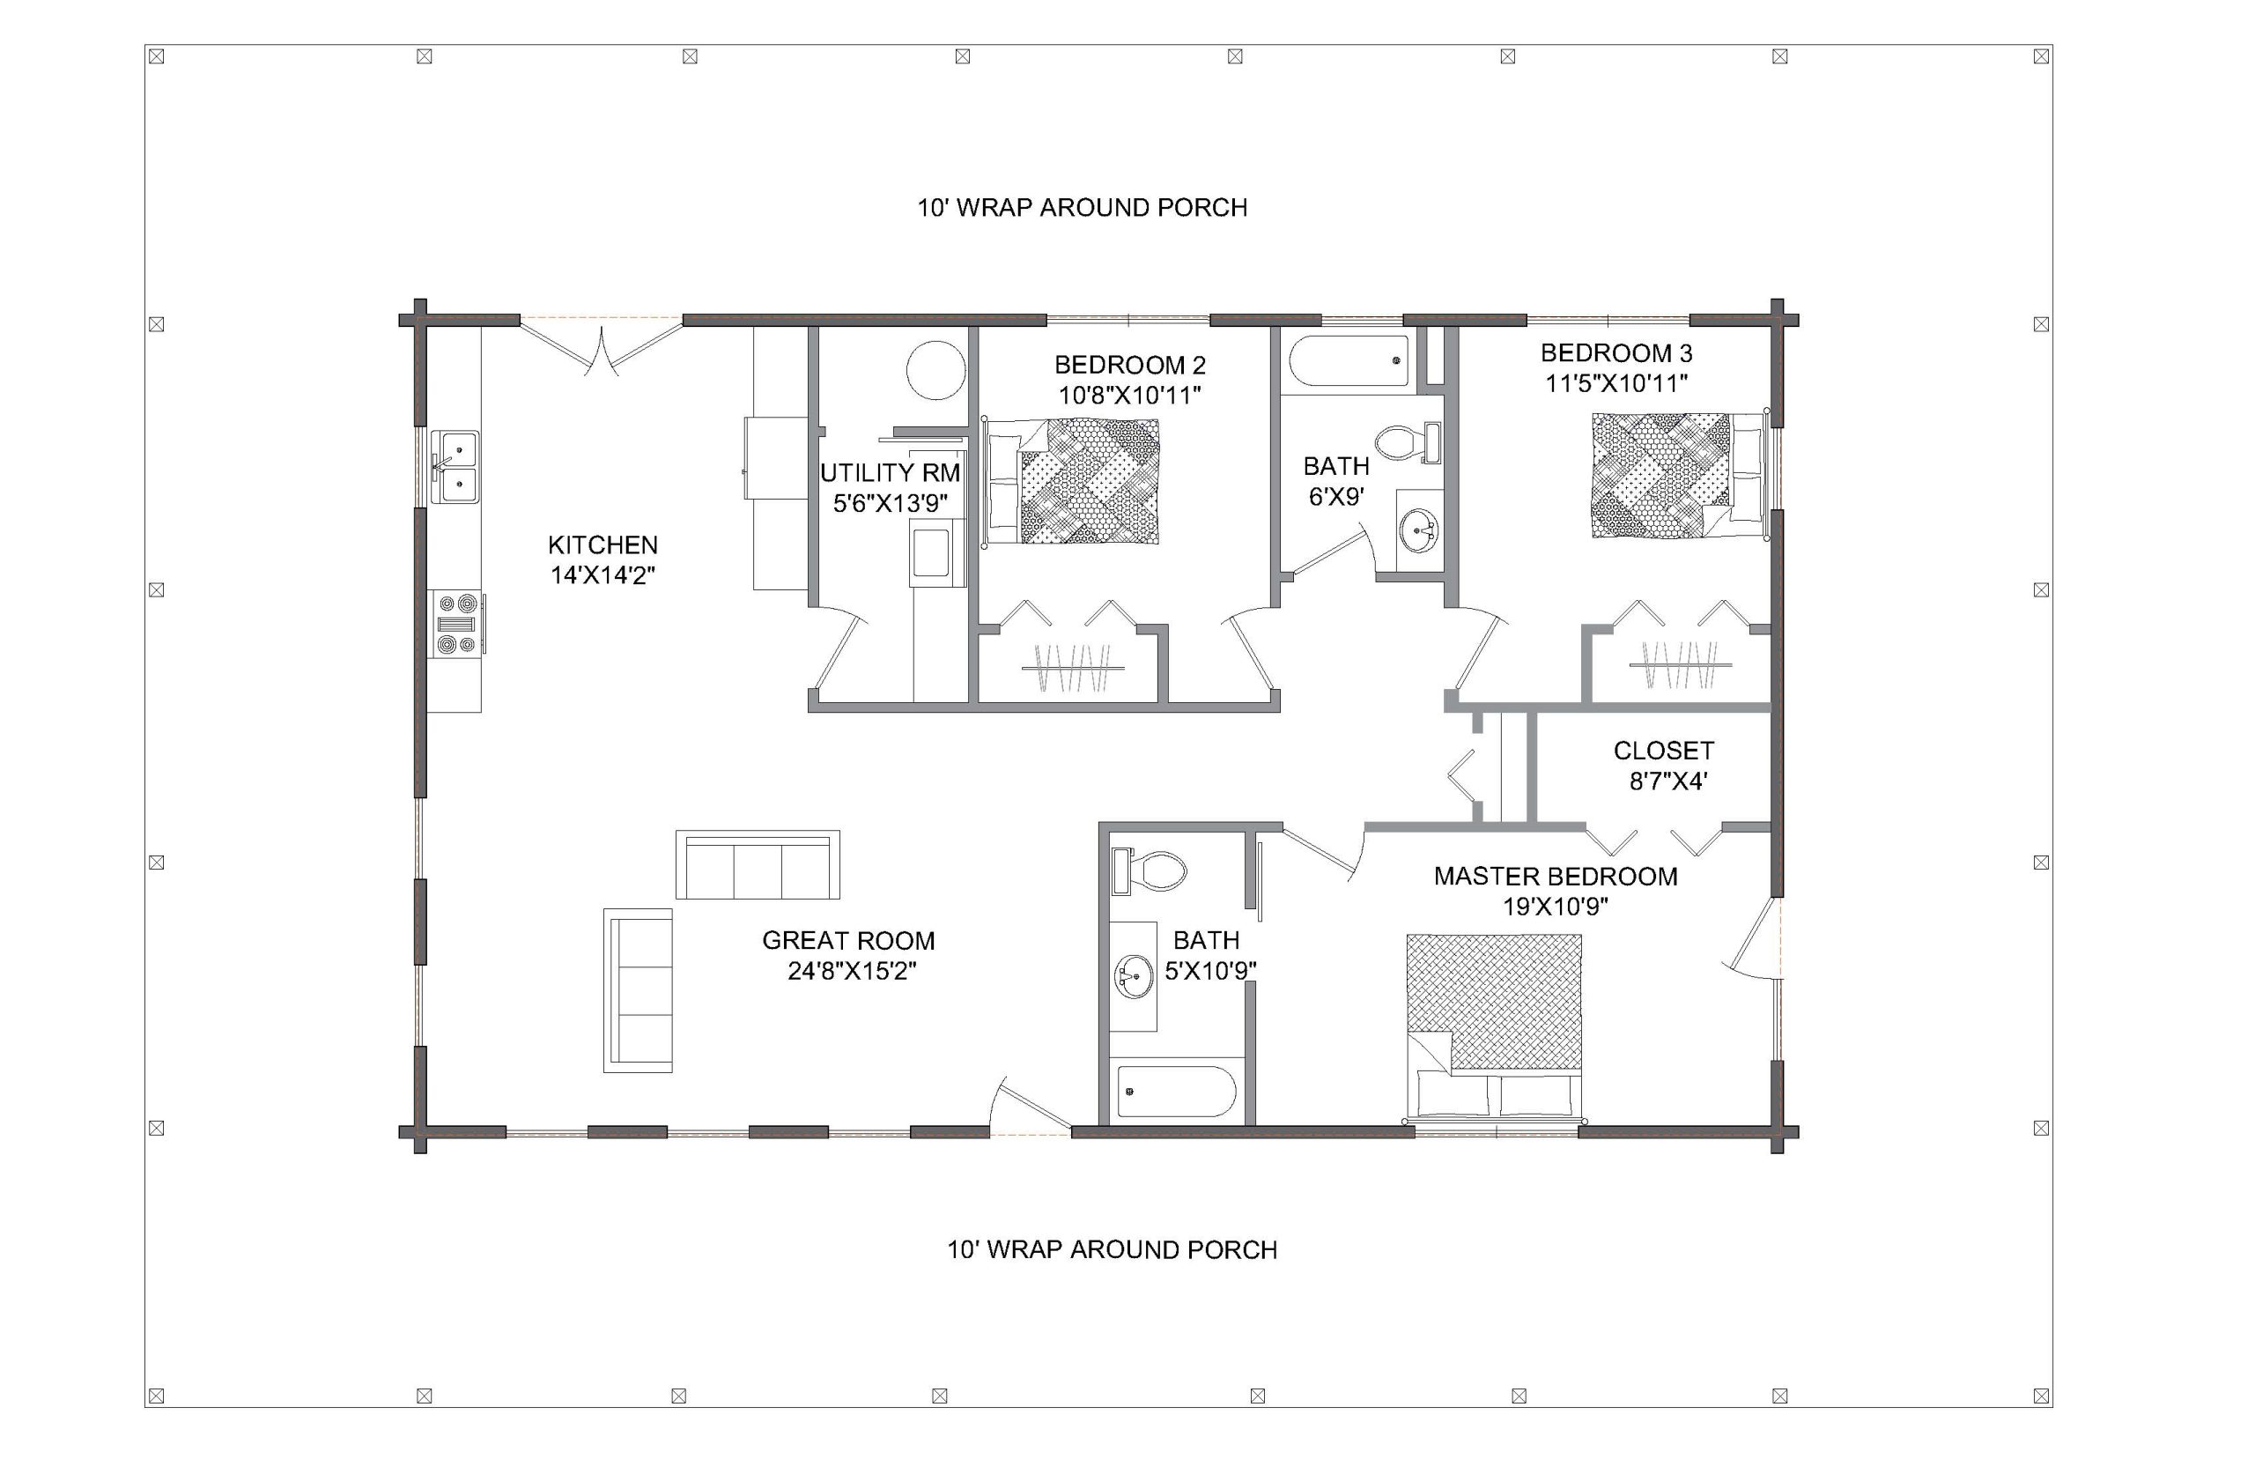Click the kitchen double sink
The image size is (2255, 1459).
click(x=455, y=466)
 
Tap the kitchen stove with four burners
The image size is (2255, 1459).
click(x=456, y=624)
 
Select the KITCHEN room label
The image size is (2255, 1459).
click(x=603, y=544)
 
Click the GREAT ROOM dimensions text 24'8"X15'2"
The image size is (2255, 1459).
click(x=852, y=971)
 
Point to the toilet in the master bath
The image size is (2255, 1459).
click(x=1149, y=870)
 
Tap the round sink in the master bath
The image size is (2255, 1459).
click(x=1134, y=976)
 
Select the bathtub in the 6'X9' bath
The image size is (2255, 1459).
click(x=1349, y=360)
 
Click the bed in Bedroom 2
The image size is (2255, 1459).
click(x=1071, y=480)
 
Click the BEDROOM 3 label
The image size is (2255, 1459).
click(x=1615, y=353)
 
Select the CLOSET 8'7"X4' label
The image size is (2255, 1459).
click(x=1663, y=766)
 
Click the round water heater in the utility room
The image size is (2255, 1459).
click(x=935, y=370)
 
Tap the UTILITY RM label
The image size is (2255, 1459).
click(x=890, y=473)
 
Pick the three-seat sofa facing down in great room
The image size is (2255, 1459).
click(x=758, y=865)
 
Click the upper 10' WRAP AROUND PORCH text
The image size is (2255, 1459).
click(x=1082, y=207)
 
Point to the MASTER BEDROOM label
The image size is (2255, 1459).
click(x=1555, y=877)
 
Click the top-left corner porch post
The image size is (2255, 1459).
click(x=157, y=57)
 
